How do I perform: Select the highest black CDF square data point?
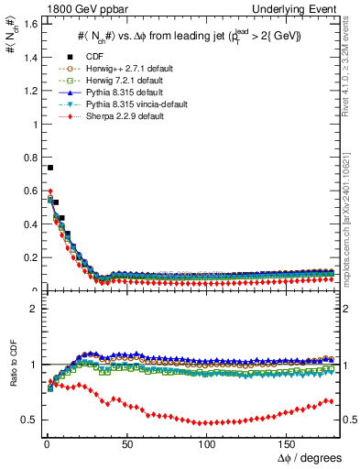[49, 168]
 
